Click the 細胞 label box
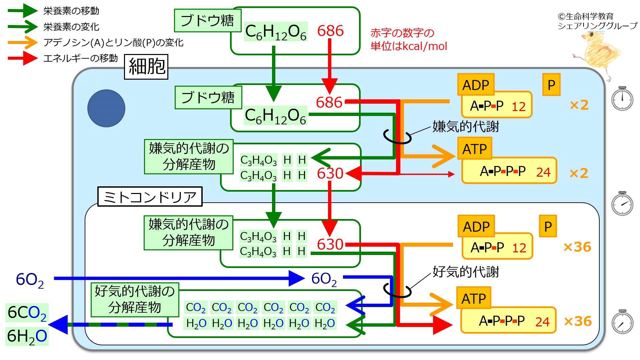[146, 67]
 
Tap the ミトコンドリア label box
[150, 197]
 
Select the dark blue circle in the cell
[106, 108]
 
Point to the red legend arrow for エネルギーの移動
[23, 58]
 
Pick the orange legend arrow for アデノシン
[23, 43]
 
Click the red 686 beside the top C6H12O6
[330, 31]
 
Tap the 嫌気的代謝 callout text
[465, 127]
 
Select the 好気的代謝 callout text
[465, 272]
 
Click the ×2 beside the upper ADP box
[579, 105]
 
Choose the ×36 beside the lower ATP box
[578, 321]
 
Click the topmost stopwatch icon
[622, 99]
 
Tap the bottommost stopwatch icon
[622, 322]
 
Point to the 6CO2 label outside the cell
[27, 313]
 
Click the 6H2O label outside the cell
[27, 336]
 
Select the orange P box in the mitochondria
[548, 226]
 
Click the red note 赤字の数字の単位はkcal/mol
[408, 39]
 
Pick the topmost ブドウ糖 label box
[207, 21]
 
